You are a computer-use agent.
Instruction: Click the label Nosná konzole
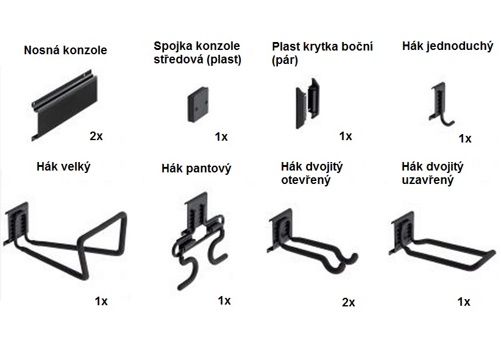click(65, 50)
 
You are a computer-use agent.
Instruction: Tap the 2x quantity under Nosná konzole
click(96, 136)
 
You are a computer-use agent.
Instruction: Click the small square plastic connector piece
click(198, 105)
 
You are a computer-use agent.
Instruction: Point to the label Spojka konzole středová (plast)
click(197, 53)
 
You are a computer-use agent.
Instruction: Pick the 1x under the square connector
click(221, 136)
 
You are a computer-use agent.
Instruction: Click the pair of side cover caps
click(307, 103)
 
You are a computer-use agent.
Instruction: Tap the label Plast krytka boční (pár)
click(322, 53)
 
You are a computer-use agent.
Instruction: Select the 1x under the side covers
click(346, 136)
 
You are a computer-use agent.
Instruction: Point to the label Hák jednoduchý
click(447, 46)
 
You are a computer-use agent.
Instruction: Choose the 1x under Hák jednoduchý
click(465, 139)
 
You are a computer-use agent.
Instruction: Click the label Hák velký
click(63, 166)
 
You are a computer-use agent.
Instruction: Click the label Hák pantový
click(196, 168)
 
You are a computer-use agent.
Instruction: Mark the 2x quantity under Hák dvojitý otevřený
click(348, 302)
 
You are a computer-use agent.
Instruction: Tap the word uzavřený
click(427, 180)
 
